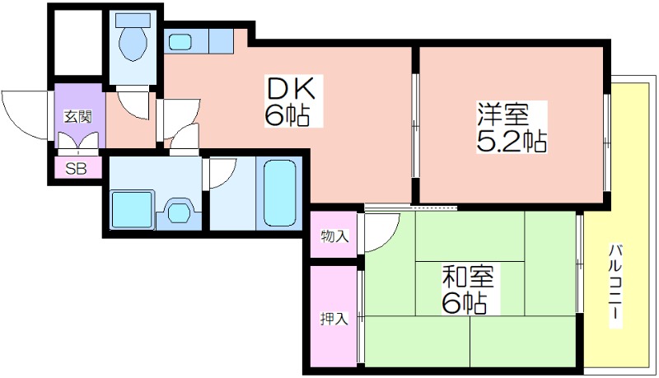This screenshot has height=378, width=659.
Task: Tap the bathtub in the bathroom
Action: pos(279,194)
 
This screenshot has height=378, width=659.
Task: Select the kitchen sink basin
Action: pos(180,41)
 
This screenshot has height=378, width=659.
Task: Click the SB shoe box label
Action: pos(77,169)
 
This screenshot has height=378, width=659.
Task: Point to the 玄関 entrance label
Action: pos(77,116)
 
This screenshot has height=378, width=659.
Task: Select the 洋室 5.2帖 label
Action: pos(511,128)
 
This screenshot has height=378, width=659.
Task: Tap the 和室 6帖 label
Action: pos(467,289)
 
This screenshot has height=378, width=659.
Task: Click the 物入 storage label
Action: pos(334,236)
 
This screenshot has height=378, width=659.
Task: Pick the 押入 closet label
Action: pos(334,320)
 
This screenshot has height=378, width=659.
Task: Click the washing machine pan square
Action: pos(132,209)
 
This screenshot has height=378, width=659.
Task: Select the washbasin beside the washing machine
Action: pos(178,213)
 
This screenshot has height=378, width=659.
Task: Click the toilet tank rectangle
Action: pos(133,20)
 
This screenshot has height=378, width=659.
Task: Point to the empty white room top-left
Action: pos(78,43)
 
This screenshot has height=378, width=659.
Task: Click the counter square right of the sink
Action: pos(221,40)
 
